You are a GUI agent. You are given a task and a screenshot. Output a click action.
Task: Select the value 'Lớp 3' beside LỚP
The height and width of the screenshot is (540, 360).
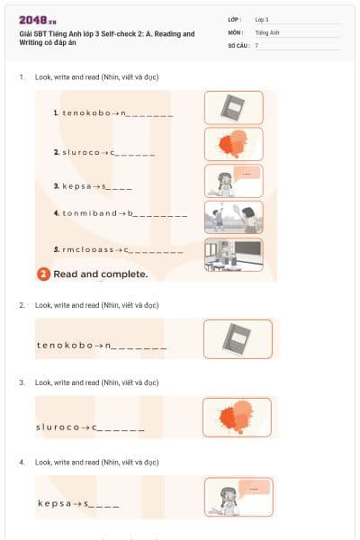[x=262, y=19]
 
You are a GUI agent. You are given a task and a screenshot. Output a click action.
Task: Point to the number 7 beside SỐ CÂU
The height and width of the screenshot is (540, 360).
[x=256, y=44]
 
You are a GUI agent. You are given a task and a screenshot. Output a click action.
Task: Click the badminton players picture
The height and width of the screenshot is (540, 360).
[x=233, y=216]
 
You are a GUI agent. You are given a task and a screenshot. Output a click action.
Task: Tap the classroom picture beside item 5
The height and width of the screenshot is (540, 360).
[x=233, y=252]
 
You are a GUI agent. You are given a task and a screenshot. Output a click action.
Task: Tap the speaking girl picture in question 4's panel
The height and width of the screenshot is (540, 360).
[x=238, y=496]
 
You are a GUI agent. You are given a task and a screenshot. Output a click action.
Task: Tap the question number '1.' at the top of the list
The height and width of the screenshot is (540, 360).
[x=22, y=77]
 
